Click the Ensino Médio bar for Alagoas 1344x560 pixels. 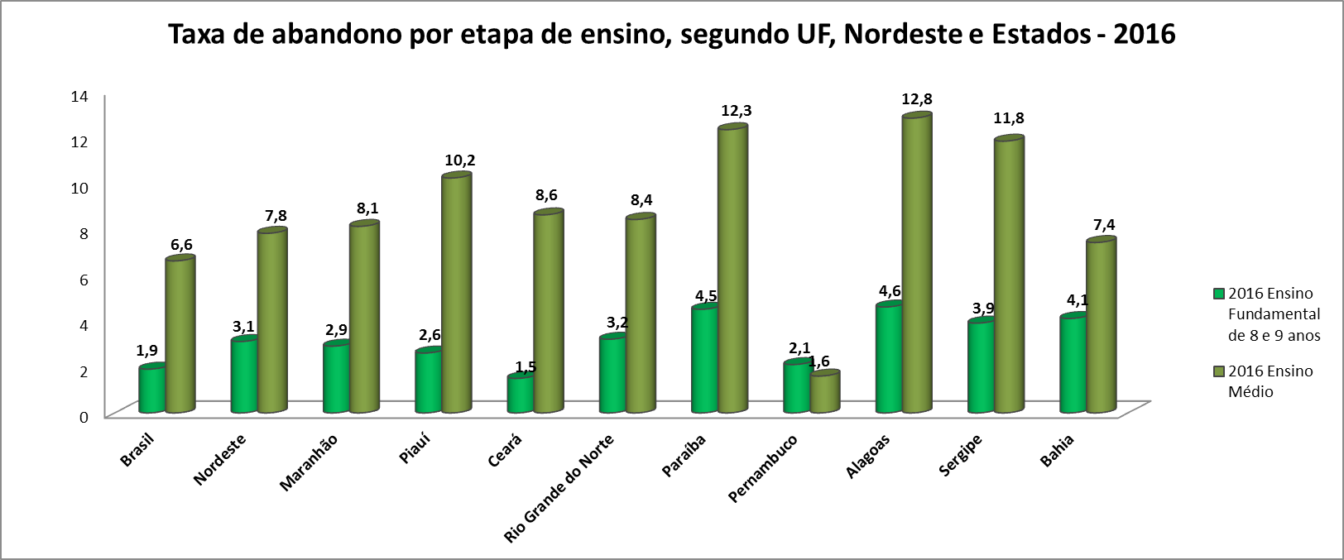(x=917, y=265)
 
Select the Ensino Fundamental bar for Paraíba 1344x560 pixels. (x=704, y=360)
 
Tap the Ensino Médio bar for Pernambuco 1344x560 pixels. (x=824, y=393)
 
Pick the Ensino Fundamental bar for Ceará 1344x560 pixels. (x=520, y=395)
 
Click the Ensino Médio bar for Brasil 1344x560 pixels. (x=180, y=336)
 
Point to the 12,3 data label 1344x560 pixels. (x=736, y=111)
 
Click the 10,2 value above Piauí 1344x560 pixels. (x=459, y=160)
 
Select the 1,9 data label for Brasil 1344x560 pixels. (x=146, y=351)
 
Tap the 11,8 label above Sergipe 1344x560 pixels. (x=1008, y=118)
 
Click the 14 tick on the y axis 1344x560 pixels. (x=79, y=96)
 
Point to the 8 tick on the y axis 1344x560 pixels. (x=83, y=233)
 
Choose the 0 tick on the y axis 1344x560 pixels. (x=84, y=416)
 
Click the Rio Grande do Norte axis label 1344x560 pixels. (x=559, y=489)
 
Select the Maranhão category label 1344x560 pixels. (x=309, y=464)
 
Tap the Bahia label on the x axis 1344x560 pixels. (x=1057, y=452)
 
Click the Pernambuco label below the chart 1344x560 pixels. (x=762, y=469)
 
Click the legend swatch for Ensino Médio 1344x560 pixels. (x=1218, y=371)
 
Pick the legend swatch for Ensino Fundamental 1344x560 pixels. (x=1218, y=294)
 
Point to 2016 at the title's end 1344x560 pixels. (x=1145, y=34)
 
